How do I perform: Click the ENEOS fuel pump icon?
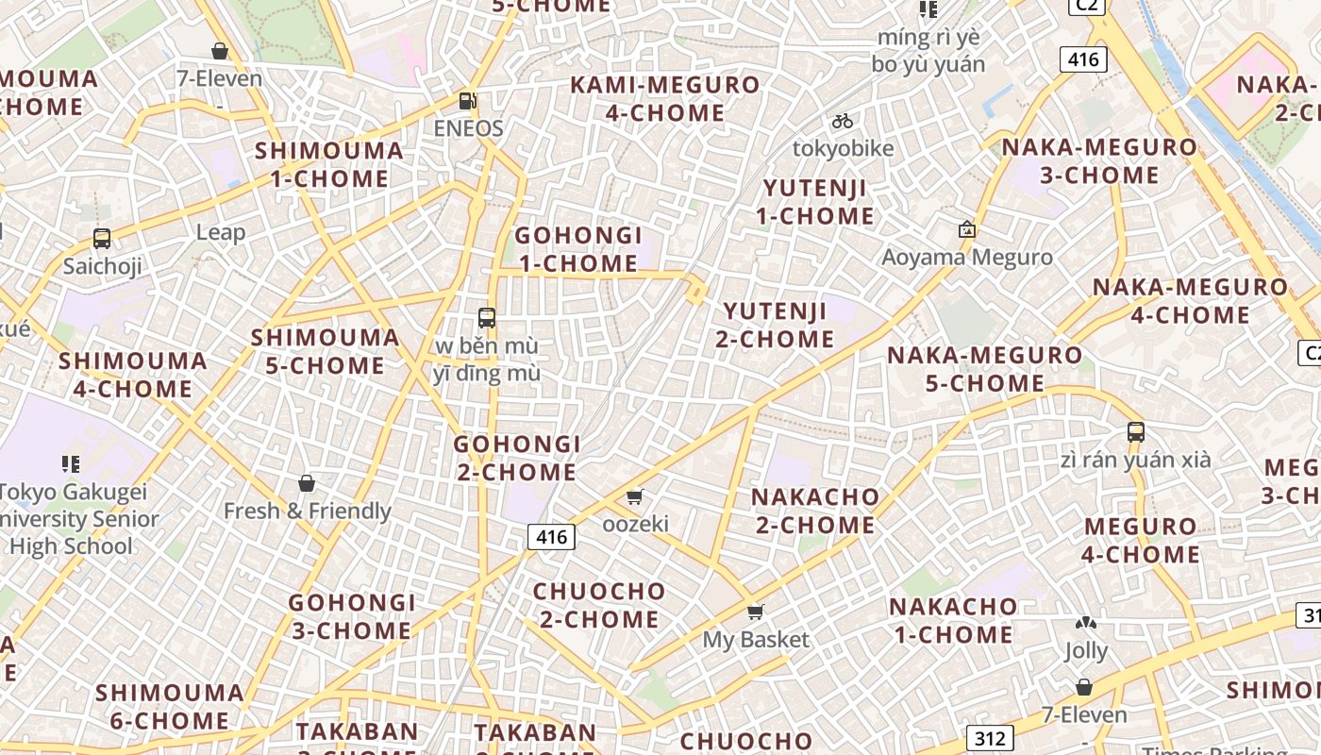pyautogui.click(x=467, y=101)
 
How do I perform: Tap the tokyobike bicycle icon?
pyautogui.click(x=843, y=121)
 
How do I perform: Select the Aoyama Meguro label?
pyautogui.click(x=966, y=257)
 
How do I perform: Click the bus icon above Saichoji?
pyautogui.click(x=102, y=239)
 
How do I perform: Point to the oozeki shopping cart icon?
pyautogui.click(x=635, y=496)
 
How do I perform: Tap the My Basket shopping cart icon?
pyautogui.click(x=755, y=612)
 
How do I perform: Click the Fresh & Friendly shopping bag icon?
pyautogui.click(x=306, y=484)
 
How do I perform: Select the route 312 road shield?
pyautogui.click(x=989, y=737)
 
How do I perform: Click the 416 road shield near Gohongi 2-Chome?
pyautogui.click(x=551, y=537)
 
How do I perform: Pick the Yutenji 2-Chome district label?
pyautogui.click(x=775, y=325)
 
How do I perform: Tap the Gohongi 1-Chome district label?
pyautogui.click(x=578, y=249)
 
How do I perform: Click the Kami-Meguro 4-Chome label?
pyautogui.click(x=665, y=98)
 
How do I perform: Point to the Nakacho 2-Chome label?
pyautogui.click(x=815, y=511)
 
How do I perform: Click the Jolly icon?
pyautogui.click(x=1086, y=624)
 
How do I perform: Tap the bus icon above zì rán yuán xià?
pyautogui.click(x=1136, y=432)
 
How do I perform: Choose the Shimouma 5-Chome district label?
pyautogui.click(x=326, y=351)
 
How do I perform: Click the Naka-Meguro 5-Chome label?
pyautogui.click(x=984, y=369)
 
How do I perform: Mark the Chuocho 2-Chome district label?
pyautogui.click(x=599, y=605)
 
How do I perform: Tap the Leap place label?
pyautogui.click(x=221, y=232)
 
